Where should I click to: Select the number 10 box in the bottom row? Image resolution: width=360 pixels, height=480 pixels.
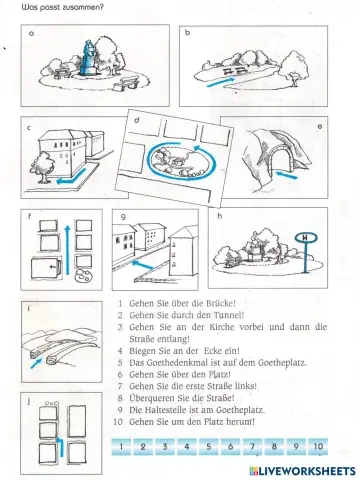coord(318,445)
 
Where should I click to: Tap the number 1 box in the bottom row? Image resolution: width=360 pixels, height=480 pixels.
coord(121,445)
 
